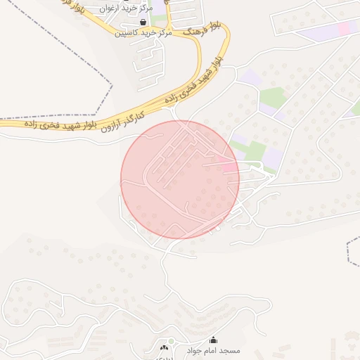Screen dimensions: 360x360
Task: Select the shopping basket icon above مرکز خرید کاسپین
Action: coord(143,22)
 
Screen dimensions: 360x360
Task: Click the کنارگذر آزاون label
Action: coord(120,121)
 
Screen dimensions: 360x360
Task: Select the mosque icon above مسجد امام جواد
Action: coord(213,340)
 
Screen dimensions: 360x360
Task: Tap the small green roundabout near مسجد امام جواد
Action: coord(170,341)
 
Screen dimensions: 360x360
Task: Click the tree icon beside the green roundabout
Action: coord(164,347)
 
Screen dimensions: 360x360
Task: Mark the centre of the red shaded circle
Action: coord(180,179)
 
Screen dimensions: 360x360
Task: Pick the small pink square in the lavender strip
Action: coord(344,28)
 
